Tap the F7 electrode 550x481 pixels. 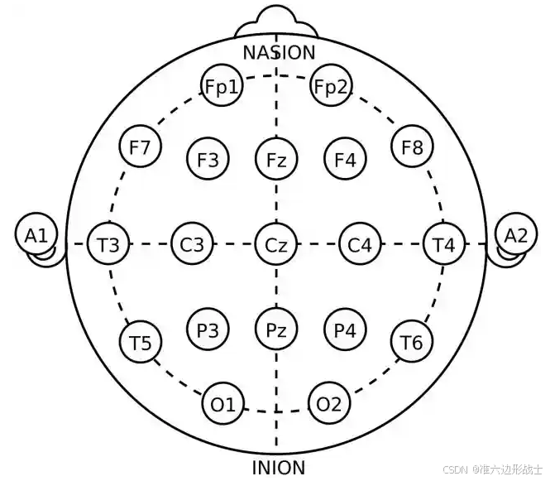pyautogui.click(x=140, y=147)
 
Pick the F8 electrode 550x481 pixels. pyautogui.click(x=412, y=147)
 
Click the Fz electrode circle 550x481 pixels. pyautogui.click(x=276, y=159)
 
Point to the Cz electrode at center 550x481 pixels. pyautogui.click(x=276, y=244)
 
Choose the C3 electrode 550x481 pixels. pyautogui.click(x=192, y=244)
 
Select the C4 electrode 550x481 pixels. pyautogui.click(x=360, y=244)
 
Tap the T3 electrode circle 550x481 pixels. pyautogui.click(x=108, y=244)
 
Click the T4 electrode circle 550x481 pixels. pyautogui.click(x=444, y=244)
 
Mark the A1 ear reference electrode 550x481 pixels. pyautogui.click(x=36, y=235)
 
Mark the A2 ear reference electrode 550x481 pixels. pyautogui.click(x=516, y=235)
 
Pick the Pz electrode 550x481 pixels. pyautogui.click(x=276, y=330)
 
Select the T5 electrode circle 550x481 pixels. pyautogui.click(x=140, y=342)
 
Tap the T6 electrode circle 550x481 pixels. pyautogui.click(x=412, y=342)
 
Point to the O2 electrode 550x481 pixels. pyautogui.click(x=329, y=404)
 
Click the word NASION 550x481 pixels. pyautogui.click(x=279, y=53)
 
